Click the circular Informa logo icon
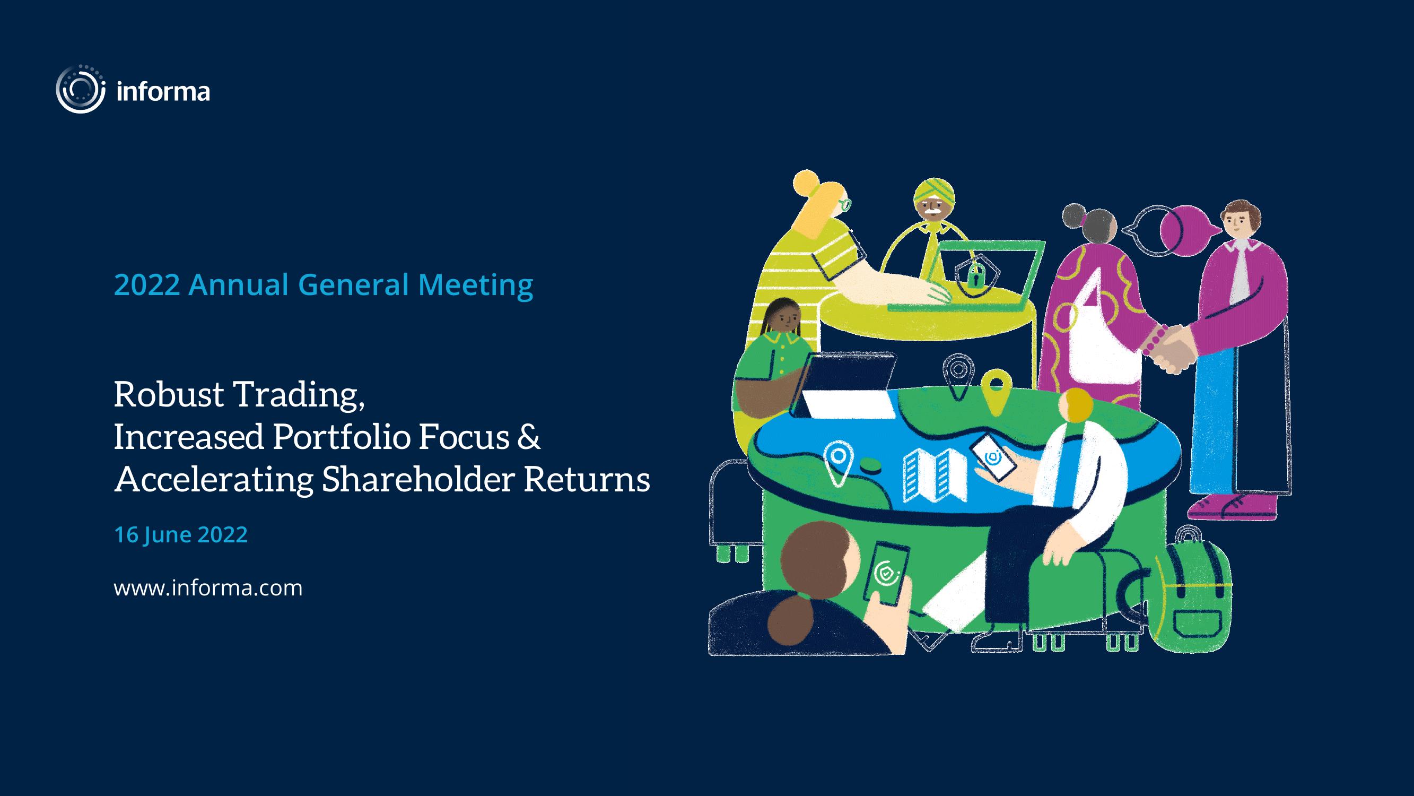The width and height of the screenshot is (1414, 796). [x=80, y=89]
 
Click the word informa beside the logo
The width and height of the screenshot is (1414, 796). [x=163, y=91]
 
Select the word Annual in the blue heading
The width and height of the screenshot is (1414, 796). [x=239, y=285]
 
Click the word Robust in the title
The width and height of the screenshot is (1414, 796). [x=169, y=394]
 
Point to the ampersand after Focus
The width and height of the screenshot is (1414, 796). [x=528, y=437]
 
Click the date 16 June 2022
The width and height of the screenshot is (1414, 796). [x=180, y=534]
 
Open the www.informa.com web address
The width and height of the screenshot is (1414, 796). [x=208, y=588]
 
